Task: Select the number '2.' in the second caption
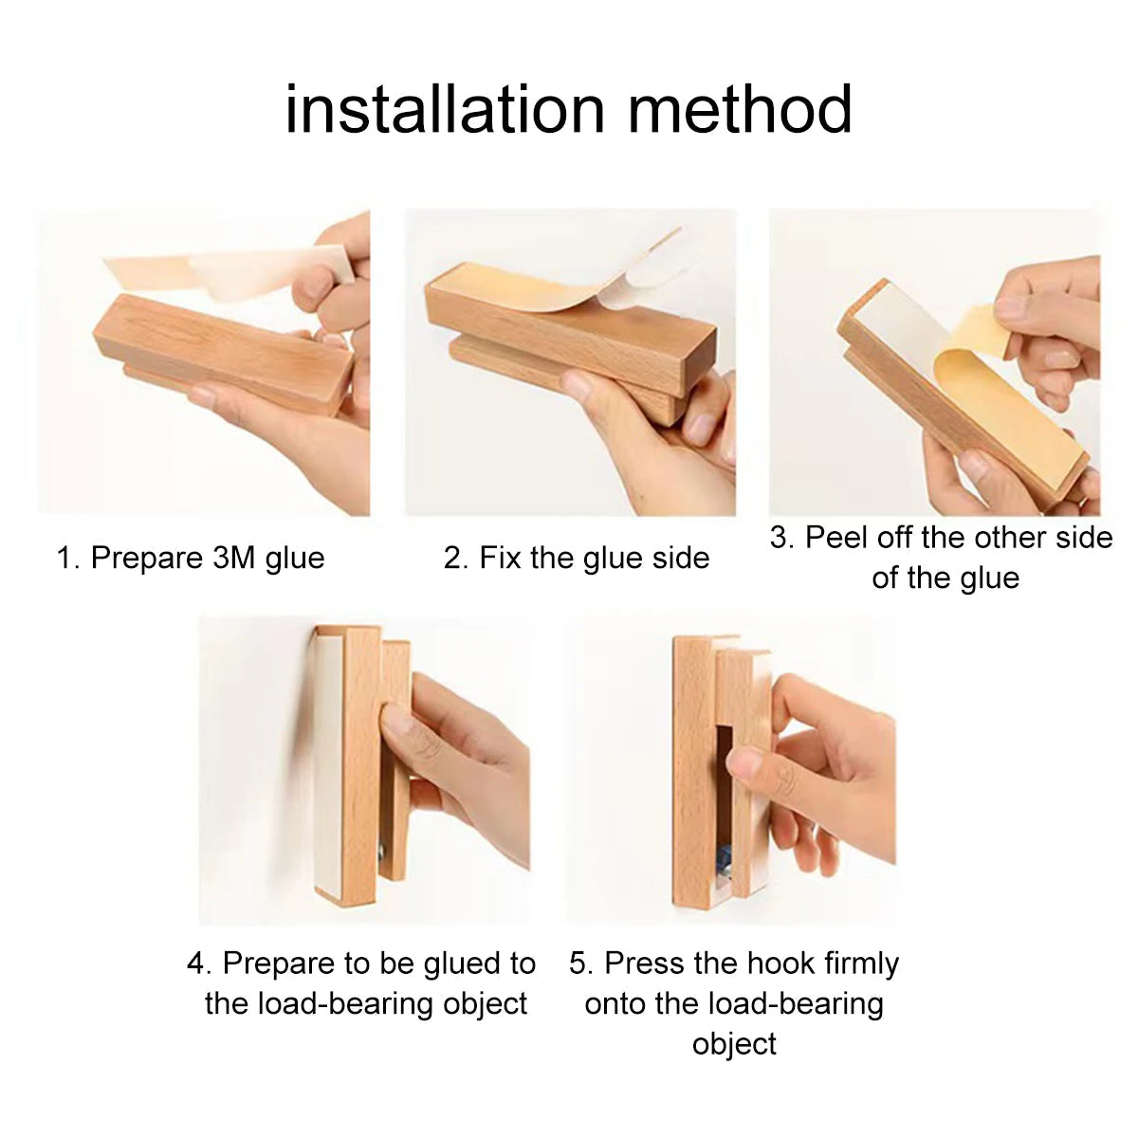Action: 456,558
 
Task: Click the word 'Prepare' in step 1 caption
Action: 142,558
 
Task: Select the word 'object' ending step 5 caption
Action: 734,1043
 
